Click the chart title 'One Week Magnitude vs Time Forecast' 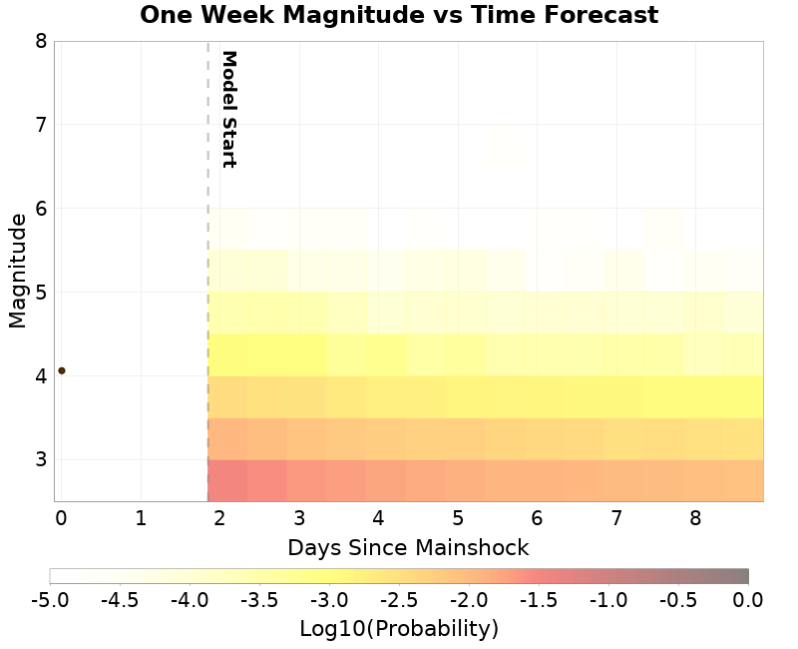(x=399, y=16)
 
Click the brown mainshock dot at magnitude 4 (x=61, y=370)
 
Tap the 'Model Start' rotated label (x=228, y=109)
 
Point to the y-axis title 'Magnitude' (x=17, y=271)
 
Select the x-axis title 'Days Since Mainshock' (x=408, y=547)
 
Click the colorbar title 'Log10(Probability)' (x=399, y=629)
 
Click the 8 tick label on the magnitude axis (x=40, y=41)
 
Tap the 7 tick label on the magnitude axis (x=40, y=125)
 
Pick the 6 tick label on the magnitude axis (x=40, y=209)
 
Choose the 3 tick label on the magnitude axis (x=40, y=460)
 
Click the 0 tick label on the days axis (x=61, y=518)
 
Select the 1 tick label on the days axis (x=141, y=518)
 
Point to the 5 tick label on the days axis (x=458, y=518)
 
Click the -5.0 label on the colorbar (x=50, y=600)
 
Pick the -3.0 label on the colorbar (x=329, y=600)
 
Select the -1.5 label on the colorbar (x=539, y=600)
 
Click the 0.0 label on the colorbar (x=748, y=600)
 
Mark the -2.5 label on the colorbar (x=399, y=600)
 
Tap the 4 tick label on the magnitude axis (x=40, y=376)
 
